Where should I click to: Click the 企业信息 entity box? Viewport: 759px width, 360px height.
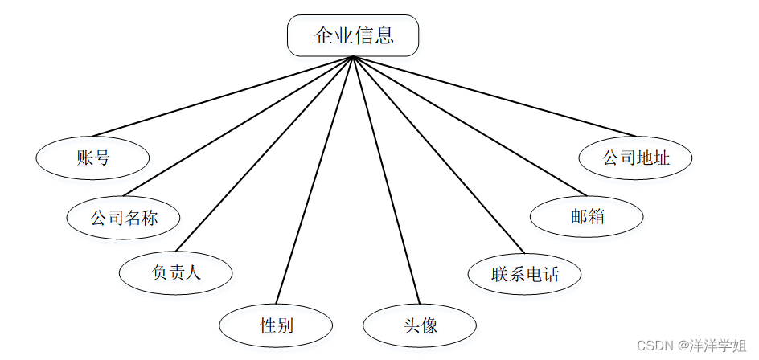[353, 36]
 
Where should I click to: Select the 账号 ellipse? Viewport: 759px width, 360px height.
[93, 157]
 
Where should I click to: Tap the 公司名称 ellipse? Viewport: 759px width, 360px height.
[123, 217]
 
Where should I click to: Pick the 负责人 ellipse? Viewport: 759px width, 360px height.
[175, 272]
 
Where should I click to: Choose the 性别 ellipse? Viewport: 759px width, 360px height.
[276, 325]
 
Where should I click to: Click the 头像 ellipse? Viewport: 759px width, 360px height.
[420, 325]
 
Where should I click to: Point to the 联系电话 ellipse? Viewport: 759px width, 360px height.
[524, 274]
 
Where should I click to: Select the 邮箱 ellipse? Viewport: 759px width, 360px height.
[587, 217]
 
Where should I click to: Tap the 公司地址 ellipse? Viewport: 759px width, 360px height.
[635, 157]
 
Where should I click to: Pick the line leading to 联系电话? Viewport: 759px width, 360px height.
[438, 153]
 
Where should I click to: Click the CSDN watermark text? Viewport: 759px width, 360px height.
[654, 346]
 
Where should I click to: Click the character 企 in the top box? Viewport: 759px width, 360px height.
[323, 36]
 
